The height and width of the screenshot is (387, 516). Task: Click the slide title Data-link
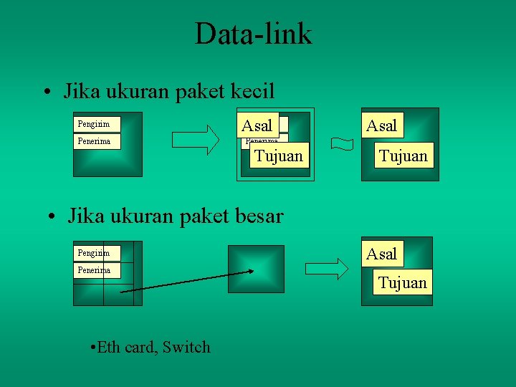point(253,34)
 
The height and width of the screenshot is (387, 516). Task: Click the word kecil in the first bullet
point(254,92)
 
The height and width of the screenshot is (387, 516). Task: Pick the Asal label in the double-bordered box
point(257,126)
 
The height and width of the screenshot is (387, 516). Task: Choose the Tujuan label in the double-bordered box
point(279,156)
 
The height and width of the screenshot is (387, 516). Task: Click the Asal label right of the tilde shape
point(381,126)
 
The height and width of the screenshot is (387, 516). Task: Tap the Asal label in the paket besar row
point(381,254)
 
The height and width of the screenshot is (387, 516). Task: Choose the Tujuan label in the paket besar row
point(403,282)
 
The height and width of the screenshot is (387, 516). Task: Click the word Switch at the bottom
point(186,348)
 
